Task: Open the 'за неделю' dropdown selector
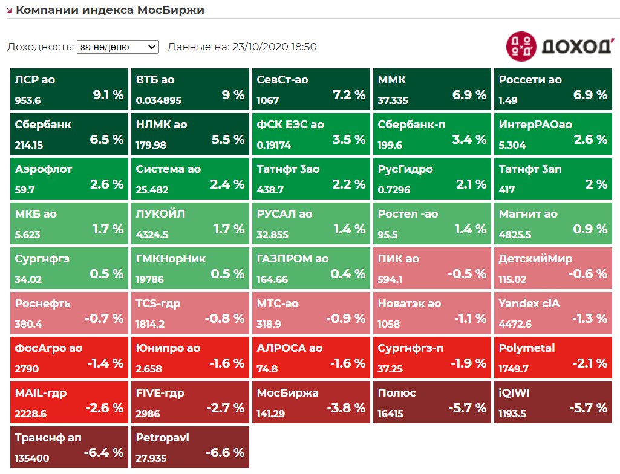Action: coord(117,47)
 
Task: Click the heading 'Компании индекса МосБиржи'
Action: coord(110,10)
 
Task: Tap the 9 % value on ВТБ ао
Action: coord(233,95)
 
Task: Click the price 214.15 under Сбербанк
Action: coord(30,146)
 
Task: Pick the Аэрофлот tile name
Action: coord(44,169)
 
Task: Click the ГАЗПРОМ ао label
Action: coord(293,259)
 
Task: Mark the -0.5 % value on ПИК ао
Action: coord(467,274)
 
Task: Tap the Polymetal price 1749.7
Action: coord(514,369)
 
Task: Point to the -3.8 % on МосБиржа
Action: coord(346,408)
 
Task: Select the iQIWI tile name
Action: coord(514,393)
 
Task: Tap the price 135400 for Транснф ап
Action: coord(32,459)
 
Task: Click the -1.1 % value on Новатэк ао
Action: coord(467,319)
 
